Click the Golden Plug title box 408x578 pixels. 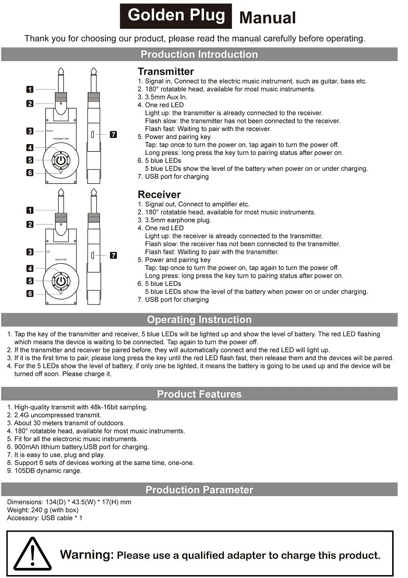pos(176,16)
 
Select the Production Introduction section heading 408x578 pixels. pos(199,54)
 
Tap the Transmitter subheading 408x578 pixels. pos(166,72)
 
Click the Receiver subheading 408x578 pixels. pos(159,195)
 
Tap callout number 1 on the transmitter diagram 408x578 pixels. pos(31,90)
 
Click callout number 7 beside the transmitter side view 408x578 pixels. pos(113,135)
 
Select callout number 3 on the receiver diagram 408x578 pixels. pos(31,252)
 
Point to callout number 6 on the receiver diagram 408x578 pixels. pos(31,293)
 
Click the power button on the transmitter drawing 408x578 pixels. pos(61,160)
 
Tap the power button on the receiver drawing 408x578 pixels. pos(61,281)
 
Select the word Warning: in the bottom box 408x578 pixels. pos(87,555)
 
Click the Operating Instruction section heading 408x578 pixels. pos(199,320)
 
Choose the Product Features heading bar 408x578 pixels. pos(199,394)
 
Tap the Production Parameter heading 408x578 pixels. pos(199,490)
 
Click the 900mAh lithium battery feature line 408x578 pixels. pos(78,447)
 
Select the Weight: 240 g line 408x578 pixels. pos(43,510)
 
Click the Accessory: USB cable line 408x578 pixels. pos(45,518)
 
